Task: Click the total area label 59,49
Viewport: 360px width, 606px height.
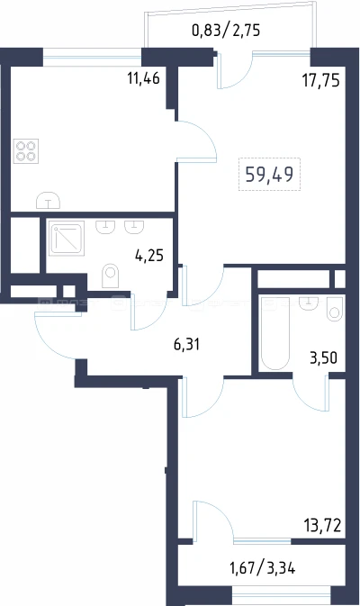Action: (269, 175)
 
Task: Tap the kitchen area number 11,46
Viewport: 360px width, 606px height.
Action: (143, 78)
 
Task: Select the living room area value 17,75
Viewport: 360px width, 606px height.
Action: (321, 80)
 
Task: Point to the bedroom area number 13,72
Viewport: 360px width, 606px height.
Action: (322, 525)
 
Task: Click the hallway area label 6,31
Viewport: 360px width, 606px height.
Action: (186, 344)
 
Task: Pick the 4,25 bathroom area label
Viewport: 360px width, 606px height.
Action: (149, 256)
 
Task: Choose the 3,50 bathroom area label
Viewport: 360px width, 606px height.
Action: (323, 357)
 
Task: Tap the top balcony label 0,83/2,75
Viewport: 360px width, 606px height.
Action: (226, 30)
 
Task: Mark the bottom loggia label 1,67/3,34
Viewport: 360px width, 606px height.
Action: (262, 568)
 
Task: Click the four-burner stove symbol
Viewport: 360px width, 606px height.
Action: (26, 150)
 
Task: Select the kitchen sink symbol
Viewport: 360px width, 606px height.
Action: (49, 201)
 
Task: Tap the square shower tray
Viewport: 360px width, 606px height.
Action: (67, 238)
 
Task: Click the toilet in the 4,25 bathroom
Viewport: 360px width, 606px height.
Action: (110, 276)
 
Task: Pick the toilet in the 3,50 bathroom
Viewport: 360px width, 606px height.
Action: (335, 309)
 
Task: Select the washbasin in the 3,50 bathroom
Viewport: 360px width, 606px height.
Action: (309, 303)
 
